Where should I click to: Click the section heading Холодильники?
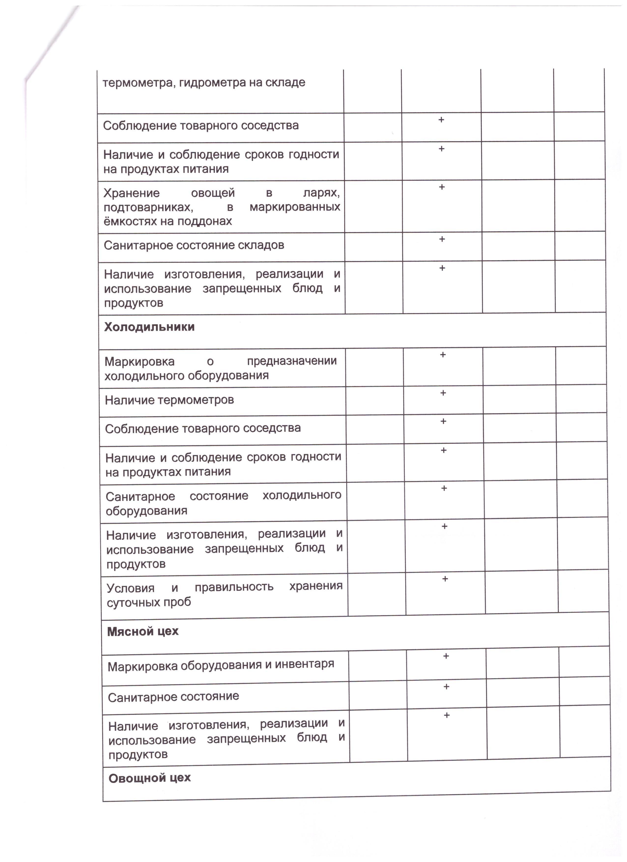click(x=149, y=327)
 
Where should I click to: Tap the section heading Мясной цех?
click(x=143, y=631)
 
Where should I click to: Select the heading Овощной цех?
click(x=149, y=778)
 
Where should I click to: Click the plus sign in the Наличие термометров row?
click(x=443, y=393)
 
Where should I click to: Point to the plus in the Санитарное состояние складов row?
click(x=442, y=239)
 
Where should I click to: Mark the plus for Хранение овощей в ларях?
click(x=442, y=187)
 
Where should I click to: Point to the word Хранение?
click(x=131, y=193)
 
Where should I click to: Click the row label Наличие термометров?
click(x=169, y=400)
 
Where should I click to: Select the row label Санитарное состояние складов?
click(x=194, y=245)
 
